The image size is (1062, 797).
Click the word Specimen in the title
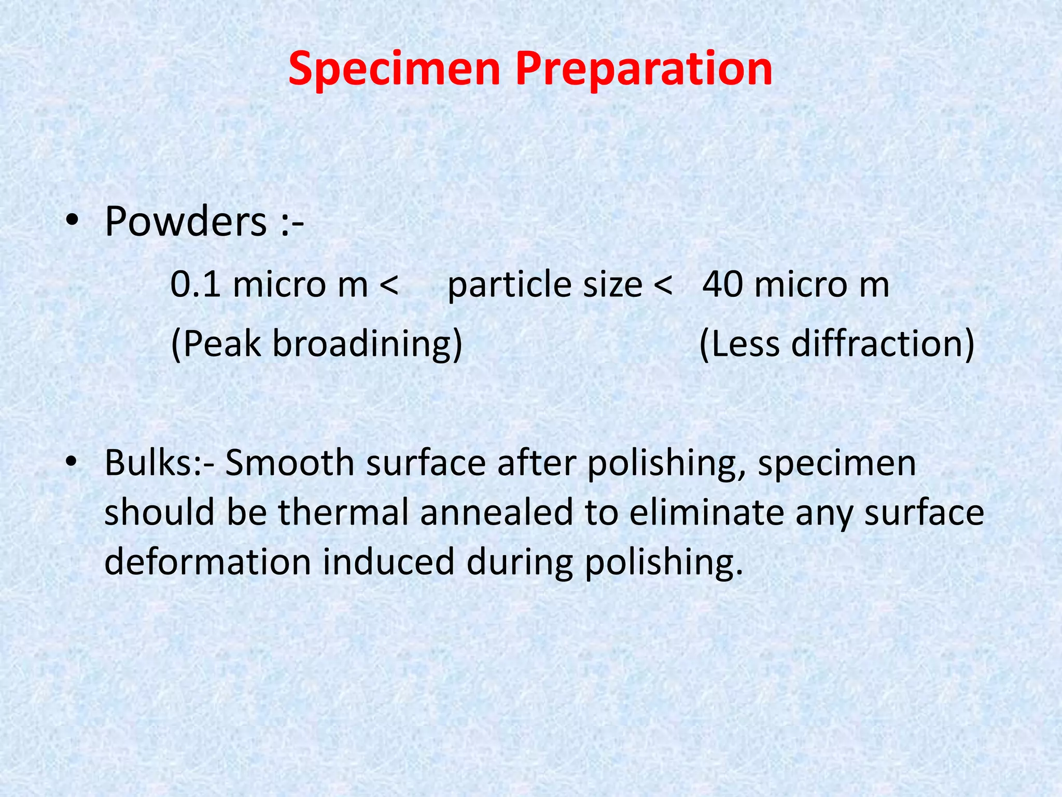[x=394, y=69]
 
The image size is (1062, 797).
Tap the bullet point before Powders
[x=72, y=222]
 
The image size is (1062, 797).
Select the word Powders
[x=186, y=222]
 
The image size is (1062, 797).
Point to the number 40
[x=723, y=285]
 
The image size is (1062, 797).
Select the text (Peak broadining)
[x=316, y=343]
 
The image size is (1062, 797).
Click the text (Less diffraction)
[x=836, y=343]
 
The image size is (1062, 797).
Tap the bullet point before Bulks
[x=72, y=461]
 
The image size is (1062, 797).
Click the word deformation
[x=207, y=562]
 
